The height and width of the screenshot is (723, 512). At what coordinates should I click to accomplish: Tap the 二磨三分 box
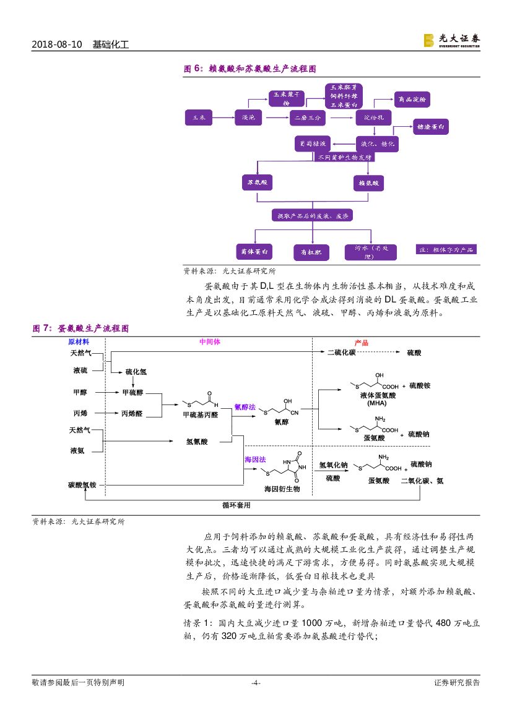click(308, 117)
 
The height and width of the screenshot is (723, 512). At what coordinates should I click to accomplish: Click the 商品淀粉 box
click(412, 100)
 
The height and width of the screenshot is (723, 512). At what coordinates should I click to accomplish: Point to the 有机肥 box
click(311, 252)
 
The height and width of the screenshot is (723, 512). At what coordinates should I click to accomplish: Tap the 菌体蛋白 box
click(254, 252)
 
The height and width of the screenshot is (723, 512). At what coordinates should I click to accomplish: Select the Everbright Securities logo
click(451, 40)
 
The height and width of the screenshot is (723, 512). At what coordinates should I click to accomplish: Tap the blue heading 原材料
click(79, 342)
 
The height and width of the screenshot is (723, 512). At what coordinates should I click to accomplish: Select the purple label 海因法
click(255, 460)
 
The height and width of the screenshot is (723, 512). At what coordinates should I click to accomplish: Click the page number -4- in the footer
click(255, 683)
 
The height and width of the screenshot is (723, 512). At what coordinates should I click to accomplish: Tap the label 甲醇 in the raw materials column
click(80, 392)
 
